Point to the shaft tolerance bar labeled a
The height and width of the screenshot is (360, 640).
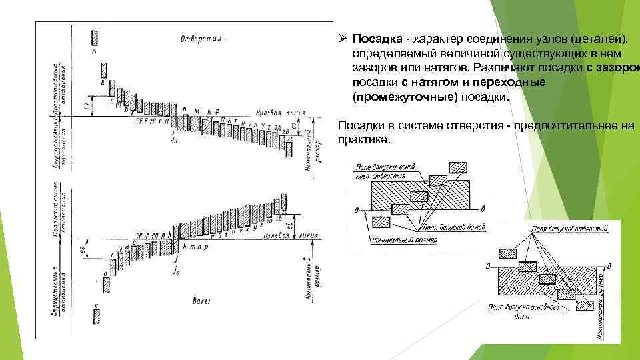pos(97,314)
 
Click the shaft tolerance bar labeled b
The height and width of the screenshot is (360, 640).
pos(105,285)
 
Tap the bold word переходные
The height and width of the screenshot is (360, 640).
pos(509,83)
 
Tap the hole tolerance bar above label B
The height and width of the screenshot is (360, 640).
pos(103,71)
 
